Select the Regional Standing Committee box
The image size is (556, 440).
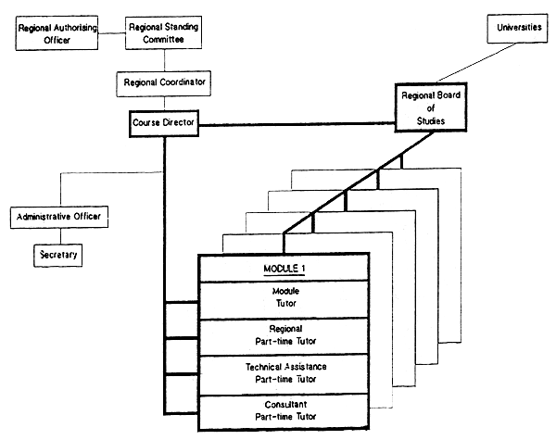click(x=163, y=35)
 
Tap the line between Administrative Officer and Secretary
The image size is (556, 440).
click(x=60, y=235)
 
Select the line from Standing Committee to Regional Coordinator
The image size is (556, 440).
click(x=163, y=62)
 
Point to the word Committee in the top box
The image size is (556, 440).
click(x=163, y=42)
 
